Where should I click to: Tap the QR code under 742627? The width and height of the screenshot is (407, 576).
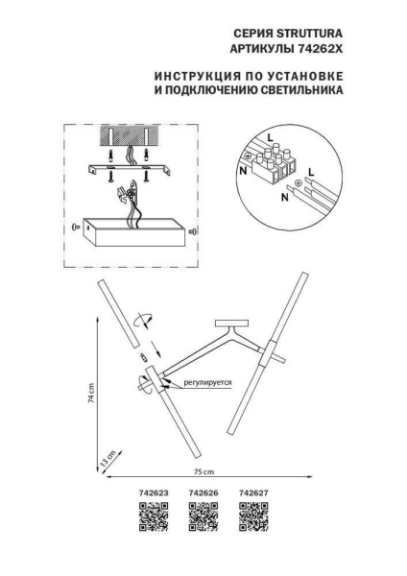point(253,518)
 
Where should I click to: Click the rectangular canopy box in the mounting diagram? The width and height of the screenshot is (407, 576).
point(132,230)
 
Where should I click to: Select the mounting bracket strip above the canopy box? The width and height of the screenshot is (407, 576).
point(132,168)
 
